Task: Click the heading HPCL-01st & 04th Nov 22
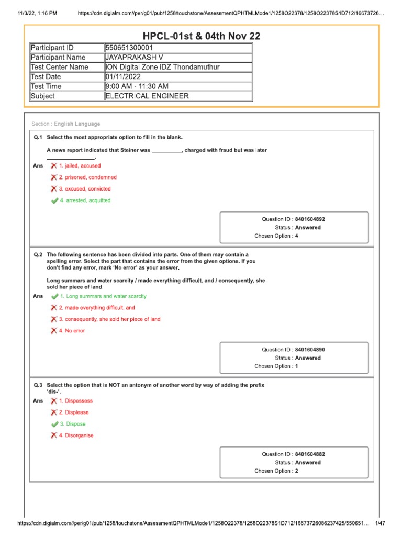202,36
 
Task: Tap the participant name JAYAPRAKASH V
135,58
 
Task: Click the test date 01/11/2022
124,77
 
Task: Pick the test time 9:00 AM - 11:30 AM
137,86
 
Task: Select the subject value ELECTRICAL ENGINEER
147,96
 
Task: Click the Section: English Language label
66,124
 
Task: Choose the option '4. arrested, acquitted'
85,200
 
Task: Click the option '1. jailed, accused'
80,166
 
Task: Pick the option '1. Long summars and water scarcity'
103,296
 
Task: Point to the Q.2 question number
38,254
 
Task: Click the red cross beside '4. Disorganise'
54,435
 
